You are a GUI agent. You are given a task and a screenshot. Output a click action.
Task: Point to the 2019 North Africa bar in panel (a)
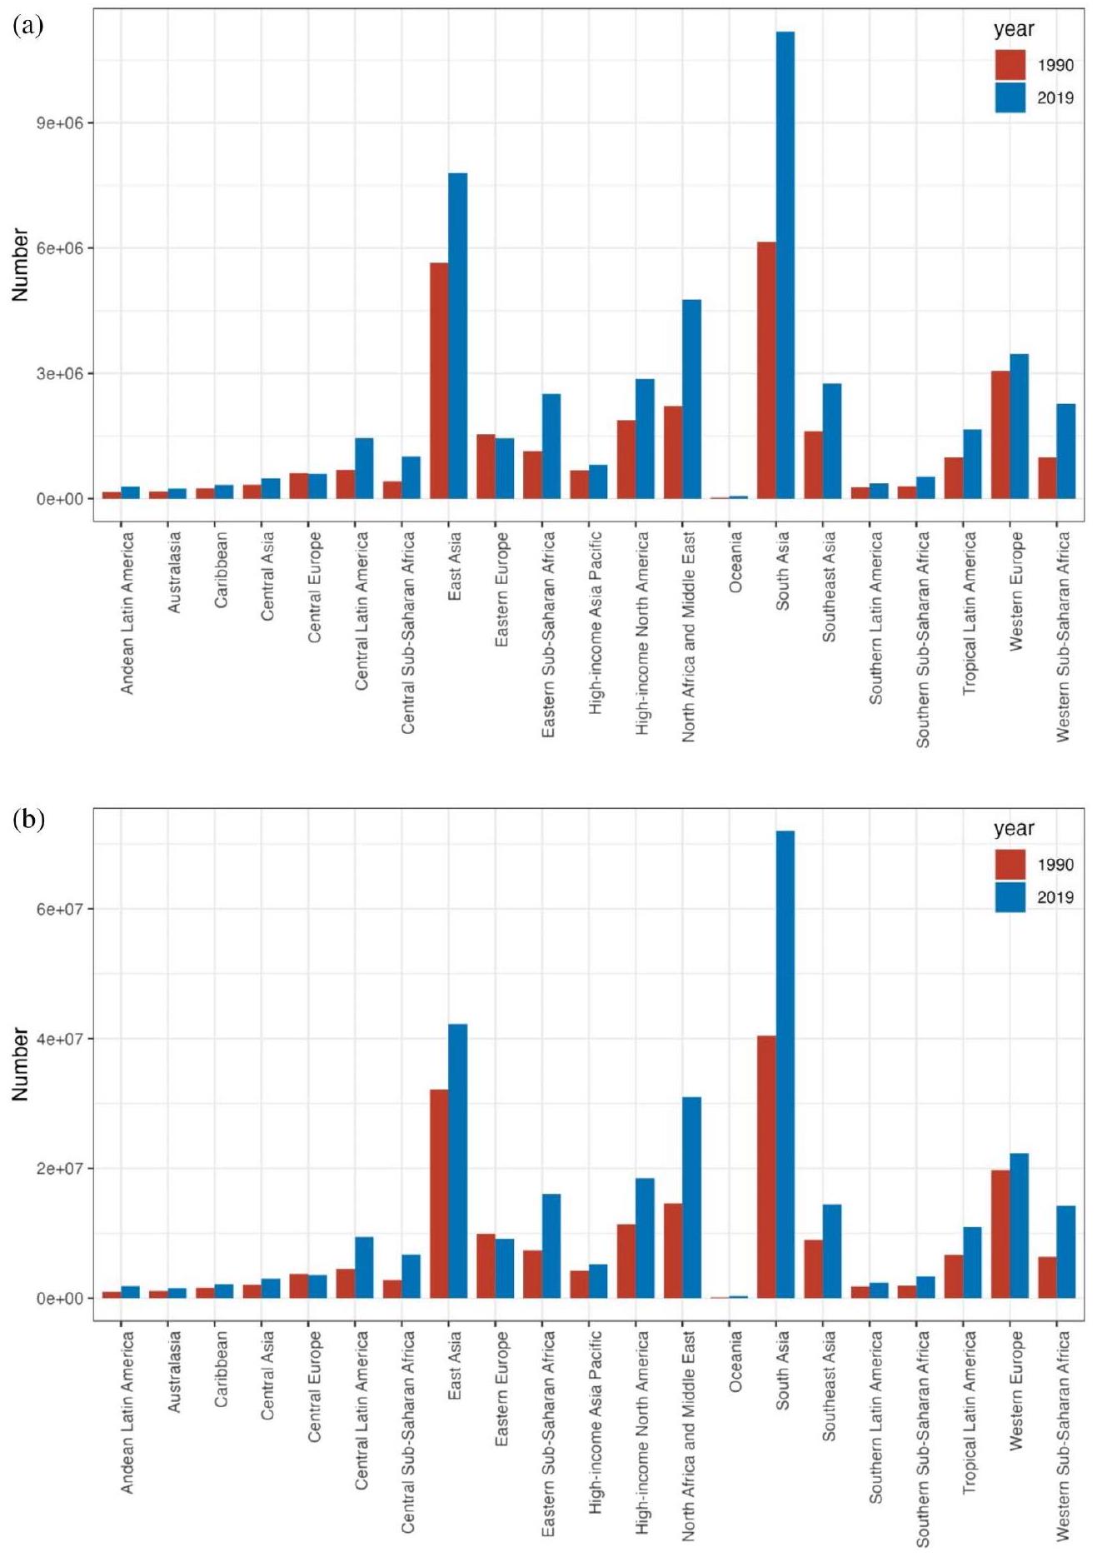tap(691, 399)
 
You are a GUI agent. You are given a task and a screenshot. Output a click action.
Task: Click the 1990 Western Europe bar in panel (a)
tap(1000, 435)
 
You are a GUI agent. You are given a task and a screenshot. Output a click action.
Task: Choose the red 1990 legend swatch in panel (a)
tap(1010, 65)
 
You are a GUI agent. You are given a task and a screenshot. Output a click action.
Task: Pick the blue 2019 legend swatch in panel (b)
tap(1010, 897)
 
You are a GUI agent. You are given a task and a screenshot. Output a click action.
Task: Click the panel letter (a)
tap(28, 26)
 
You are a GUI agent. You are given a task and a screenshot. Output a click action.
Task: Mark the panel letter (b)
tap(28, 820)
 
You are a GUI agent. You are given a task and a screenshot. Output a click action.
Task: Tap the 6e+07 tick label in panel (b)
tap(60, 909)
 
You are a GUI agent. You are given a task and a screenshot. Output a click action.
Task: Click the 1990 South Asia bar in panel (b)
tap(766, 1166)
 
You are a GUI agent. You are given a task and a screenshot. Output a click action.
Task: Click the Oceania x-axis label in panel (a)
tap(735, 562)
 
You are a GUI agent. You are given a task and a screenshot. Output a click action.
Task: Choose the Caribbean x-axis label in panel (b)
tap(221, 1369)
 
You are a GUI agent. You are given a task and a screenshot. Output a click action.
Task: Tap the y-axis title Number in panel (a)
tap(21, 265)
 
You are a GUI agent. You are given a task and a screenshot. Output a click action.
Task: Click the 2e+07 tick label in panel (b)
tap(60, 1169)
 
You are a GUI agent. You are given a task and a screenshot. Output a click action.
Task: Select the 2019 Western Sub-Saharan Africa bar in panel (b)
tap(1065, 1251)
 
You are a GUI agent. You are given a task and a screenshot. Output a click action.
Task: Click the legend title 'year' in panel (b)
tap(1014, 828)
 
